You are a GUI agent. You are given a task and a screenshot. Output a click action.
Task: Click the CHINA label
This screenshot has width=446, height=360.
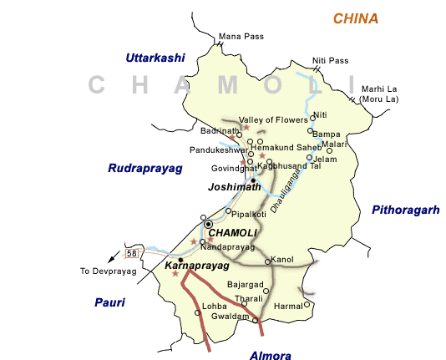[x=355, y=18]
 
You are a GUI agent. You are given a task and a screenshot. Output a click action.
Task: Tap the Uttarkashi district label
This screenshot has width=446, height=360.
[x=156, y=58]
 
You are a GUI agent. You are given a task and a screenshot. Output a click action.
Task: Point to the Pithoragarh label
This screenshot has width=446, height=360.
[x=405, y=210]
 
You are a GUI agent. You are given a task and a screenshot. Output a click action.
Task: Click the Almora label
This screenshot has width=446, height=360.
[x=271, y=356]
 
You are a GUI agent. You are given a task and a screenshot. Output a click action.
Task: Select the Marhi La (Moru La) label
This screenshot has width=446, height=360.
[x=380, y=94]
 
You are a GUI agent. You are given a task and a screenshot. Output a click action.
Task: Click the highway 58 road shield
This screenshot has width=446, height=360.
[x=131, y=252]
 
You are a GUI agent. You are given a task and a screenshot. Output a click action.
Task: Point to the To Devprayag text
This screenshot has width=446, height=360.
[x=107, y=271]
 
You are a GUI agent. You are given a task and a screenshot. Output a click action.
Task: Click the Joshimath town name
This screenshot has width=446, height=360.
[x=230, y=189]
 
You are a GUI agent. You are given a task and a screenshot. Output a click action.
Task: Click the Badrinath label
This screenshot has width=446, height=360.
[x=220, y=131]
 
